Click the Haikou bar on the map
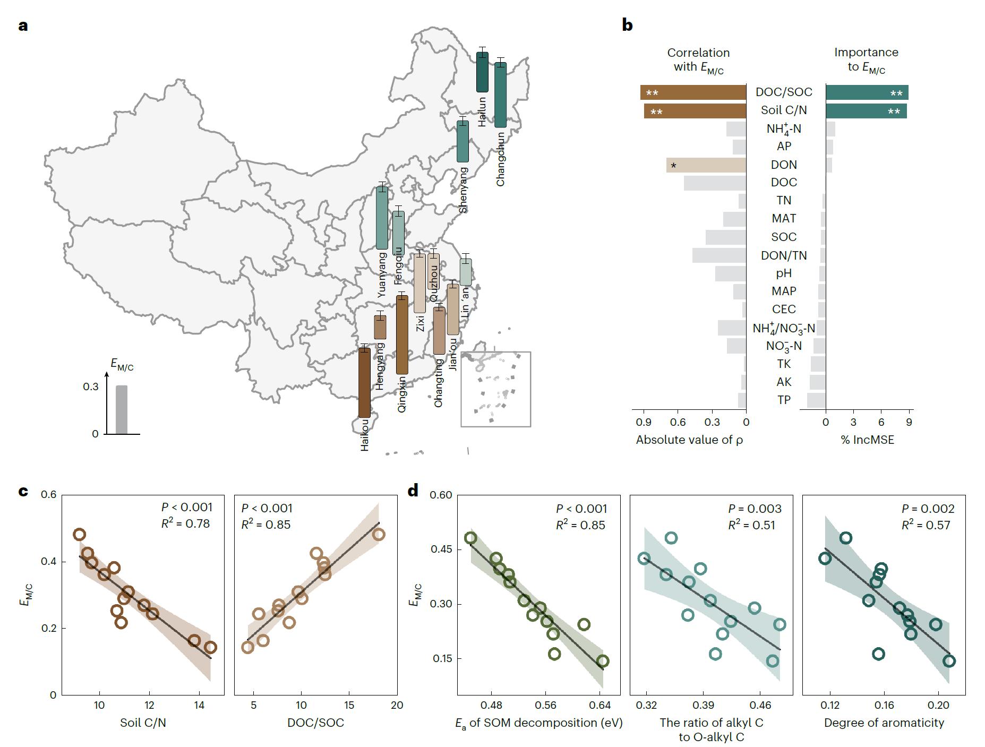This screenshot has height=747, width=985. tap(364, 382)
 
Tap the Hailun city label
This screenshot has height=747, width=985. tap(482, 111)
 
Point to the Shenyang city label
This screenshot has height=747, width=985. tap(464, 190)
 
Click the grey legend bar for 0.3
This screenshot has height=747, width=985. tap(122, 409)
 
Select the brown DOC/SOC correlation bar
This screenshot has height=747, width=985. tap(693, 92)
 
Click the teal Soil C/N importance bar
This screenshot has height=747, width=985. tap(866, 111)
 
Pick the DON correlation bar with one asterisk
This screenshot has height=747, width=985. tap(706, 165)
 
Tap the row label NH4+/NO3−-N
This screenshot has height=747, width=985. tap(784, 328)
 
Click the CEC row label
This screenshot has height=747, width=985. tap(784, 309)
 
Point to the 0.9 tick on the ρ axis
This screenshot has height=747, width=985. tap(644, 423)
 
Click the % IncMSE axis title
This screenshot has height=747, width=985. tap(868, 440)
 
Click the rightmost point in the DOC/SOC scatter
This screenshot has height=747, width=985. tap(379, 534)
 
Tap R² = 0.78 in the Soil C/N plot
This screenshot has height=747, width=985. tap(185, 523)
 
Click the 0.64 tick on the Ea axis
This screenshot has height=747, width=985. tap(600, 706)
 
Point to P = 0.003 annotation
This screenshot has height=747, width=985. tap(755, 509)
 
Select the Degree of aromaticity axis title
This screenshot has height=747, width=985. tap(884, 723)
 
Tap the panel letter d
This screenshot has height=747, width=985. tap(413, 491)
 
